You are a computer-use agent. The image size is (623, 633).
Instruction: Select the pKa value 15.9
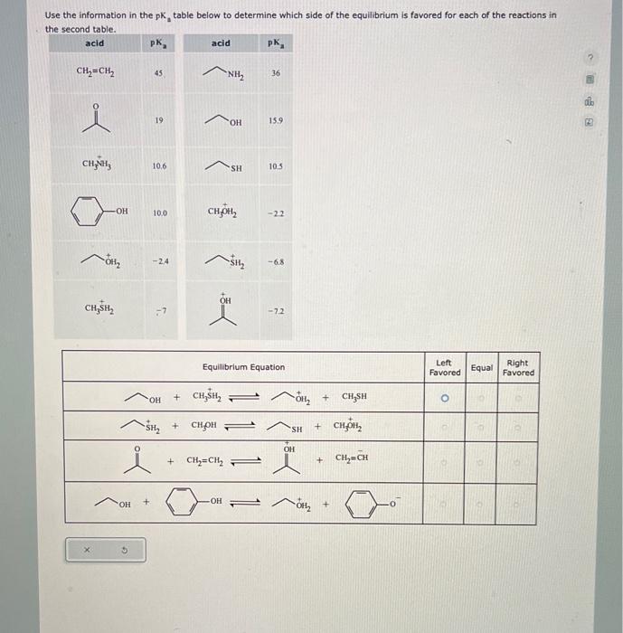[x=278, y=120]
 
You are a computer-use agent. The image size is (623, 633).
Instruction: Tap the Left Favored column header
[x=444, y=367]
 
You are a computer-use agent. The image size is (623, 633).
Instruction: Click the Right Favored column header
[x=518, y=367]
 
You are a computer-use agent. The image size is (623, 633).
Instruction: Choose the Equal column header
[x=482, y=367]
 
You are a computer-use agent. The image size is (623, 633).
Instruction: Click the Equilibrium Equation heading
[x=243, y=367]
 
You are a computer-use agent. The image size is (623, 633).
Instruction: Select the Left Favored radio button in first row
[x=444, y=397]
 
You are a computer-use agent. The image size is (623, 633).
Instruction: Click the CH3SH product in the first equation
[x=354, y=395]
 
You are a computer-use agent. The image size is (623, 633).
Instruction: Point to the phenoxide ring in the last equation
[x=362, y=504]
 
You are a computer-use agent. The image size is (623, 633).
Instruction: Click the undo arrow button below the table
[x=124, y=549]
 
